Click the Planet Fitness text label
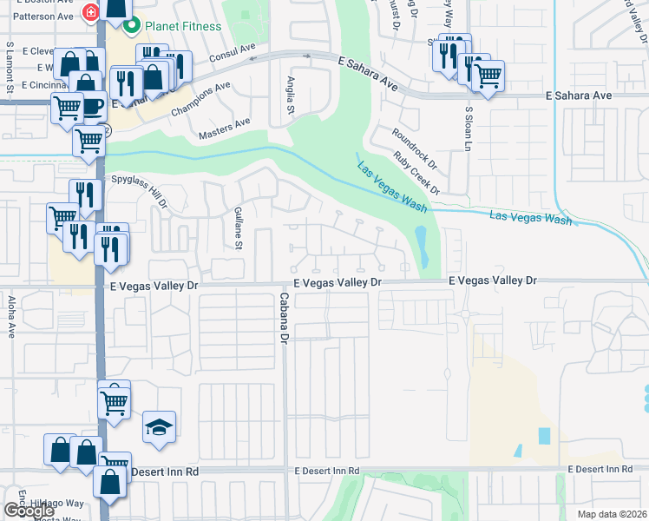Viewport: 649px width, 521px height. (182, 26)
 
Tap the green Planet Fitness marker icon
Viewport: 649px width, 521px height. (132, 26)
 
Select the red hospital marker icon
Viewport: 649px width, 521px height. (88, 12)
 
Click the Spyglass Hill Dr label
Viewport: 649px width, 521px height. (138, 191)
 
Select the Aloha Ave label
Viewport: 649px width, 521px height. (10, 316)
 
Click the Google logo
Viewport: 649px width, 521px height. (29, 510)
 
